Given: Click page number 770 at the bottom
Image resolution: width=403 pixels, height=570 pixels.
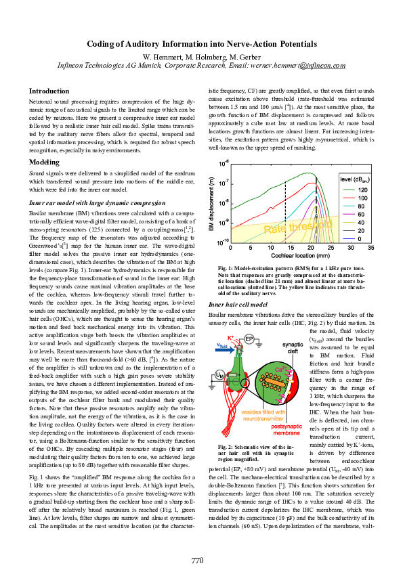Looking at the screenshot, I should pyautogui.click(x=197, y=541).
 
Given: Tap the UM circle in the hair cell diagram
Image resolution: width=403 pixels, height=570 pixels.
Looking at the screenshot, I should pyautogui.click(x=219, y=373).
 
